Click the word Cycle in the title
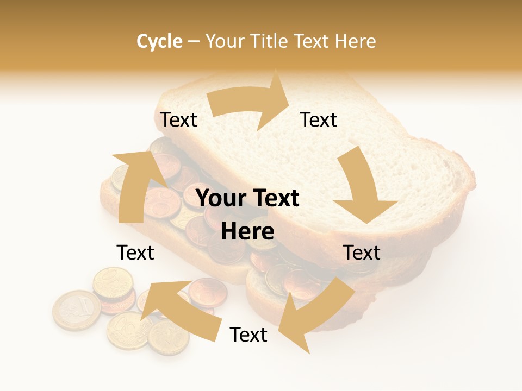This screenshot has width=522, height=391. click(x=159, y=41)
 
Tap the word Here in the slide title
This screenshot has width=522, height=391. click(x=356, y=41)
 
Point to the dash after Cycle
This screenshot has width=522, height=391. click(x=194, y=42)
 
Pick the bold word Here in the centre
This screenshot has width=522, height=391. click(x=247, y=232)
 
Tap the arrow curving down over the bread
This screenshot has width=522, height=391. click(x=364, y=187)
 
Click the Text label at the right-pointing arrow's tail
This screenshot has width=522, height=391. click(x=178, y=120)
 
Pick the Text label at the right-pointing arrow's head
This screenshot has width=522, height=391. click(x=319, y=120)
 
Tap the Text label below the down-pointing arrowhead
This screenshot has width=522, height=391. click(x=362, y=253)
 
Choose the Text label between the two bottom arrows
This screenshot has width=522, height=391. click(x=248, y=335)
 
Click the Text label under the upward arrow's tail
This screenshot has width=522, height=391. click(x=135, y=253)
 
